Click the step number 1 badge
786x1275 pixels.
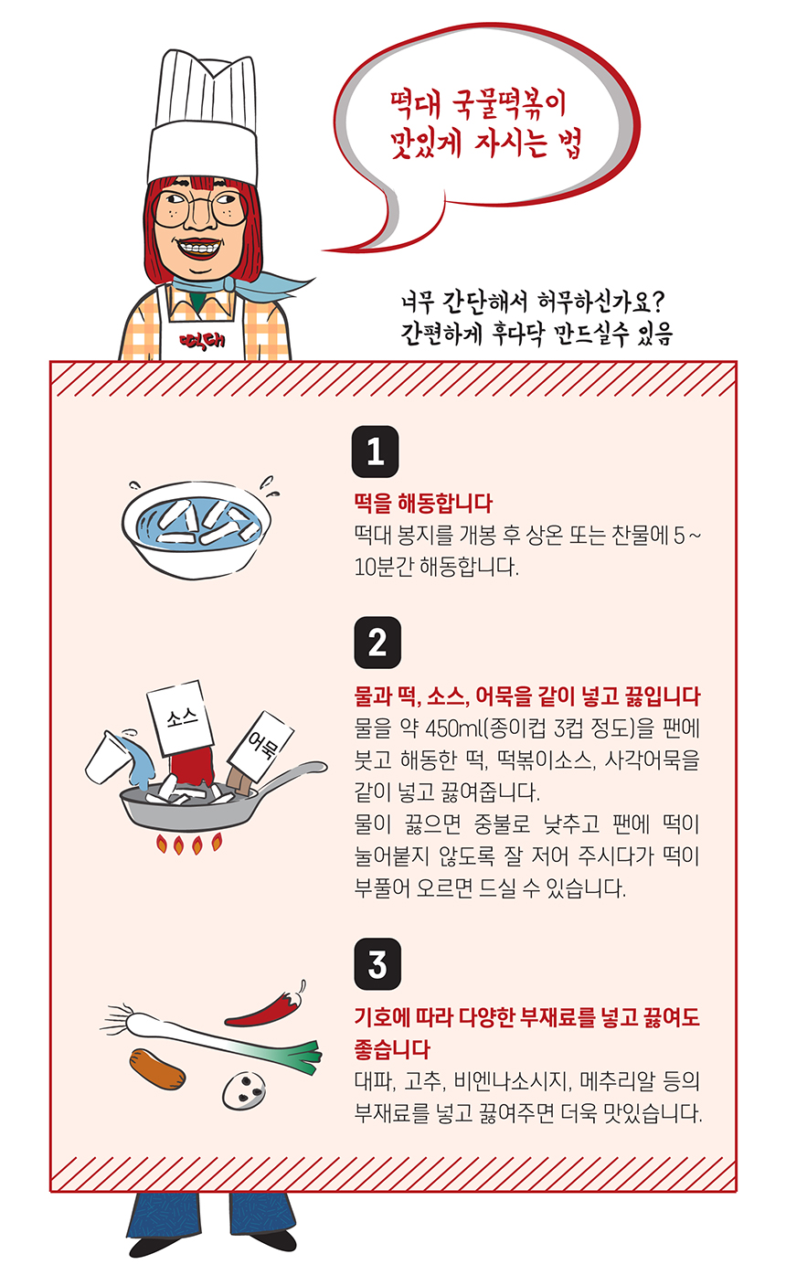coord(375,452)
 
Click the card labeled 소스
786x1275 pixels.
coord(180,717)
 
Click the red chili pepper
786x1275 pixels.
coord(265,1005)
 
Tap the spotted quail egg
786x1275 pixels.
coord(246,1086)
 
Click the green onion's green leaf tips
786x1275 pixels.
coord(305,1056)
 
